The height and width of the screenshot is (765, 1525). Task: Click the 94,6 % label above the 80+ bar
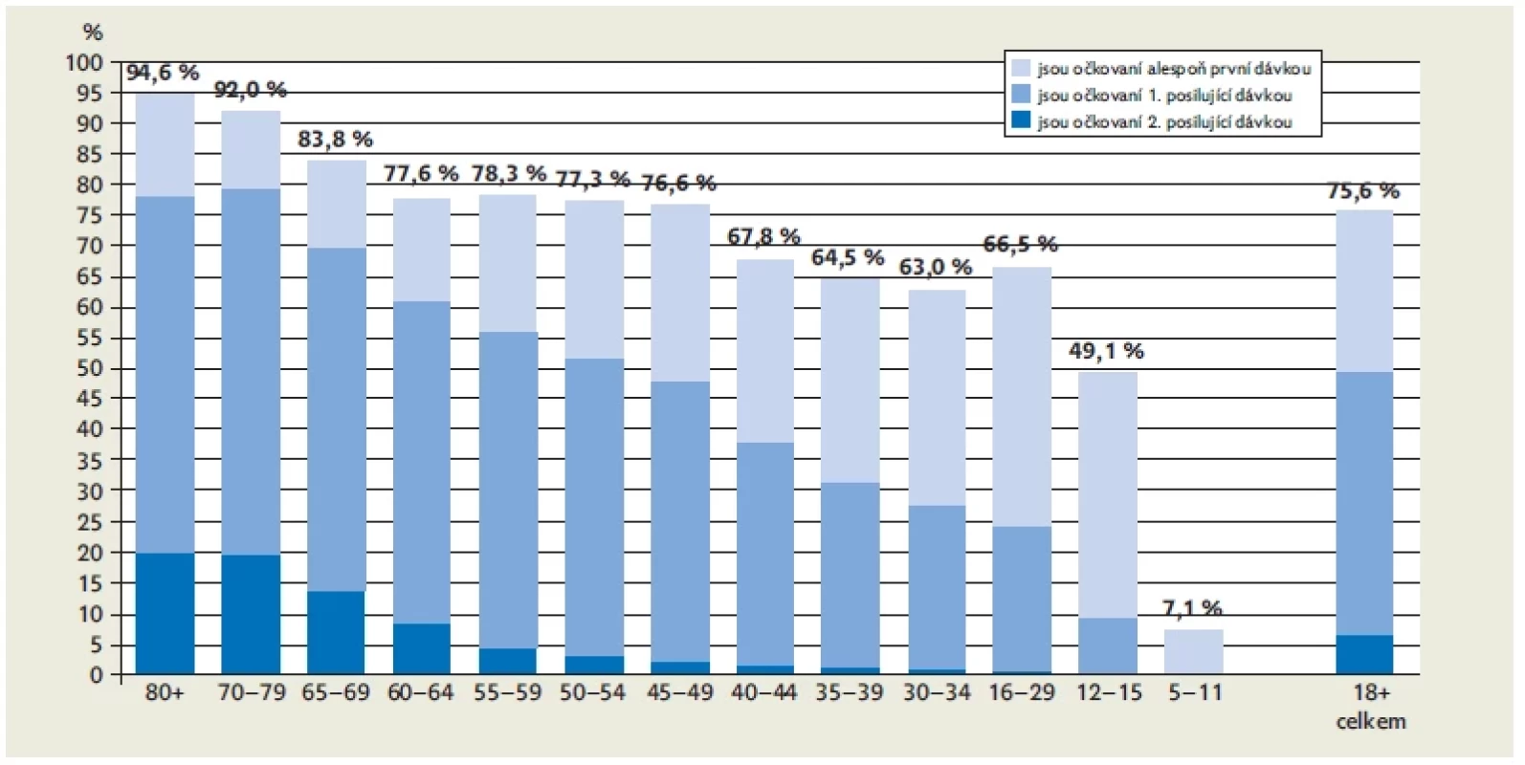[163, 72]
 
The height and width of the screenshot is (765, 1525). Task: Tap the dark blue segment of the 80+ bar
[166, 613]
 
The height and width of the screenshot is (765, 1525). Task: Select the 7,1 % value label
[1192, 607]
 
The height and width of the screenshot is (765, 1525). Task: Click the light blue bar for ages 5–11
[1193, 652]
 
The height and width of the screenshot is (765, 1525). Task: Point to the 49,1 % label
[1106, 351]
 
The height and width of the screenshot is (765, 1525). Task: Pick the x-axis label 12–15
[1108, 692]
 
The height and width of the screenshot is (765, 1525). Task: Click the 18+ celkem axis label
[1370, 707]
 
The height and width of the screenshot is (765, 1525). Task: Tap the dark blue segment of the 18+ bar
[1364, 655]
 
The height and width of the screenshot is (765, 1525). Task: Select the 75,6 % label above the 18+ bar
[1363, 191]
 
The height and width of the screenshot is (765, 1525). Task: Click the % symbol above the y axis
[93, 32]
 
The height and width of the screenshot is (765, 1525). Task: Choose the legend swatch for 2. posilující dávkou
[1021, 120]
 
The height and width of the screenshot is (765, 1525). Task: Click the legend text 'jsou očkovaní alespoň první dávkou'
[1175, 68]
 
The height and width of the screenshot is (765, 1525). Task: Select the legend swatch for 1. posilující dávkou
[1021, 94]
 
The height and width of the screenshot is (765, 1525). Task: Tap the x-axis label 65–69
[336, 692]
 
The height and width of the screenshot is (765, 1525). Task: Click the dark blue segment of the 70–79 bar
[252, 615]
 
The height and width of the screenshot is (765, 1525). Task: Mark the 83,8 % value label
[335, 140]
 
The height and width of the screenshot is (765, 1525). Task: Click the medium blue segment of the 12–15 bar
[1108, 645]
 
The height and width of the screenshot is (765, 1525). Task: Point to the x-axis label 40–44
[763, 692]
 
